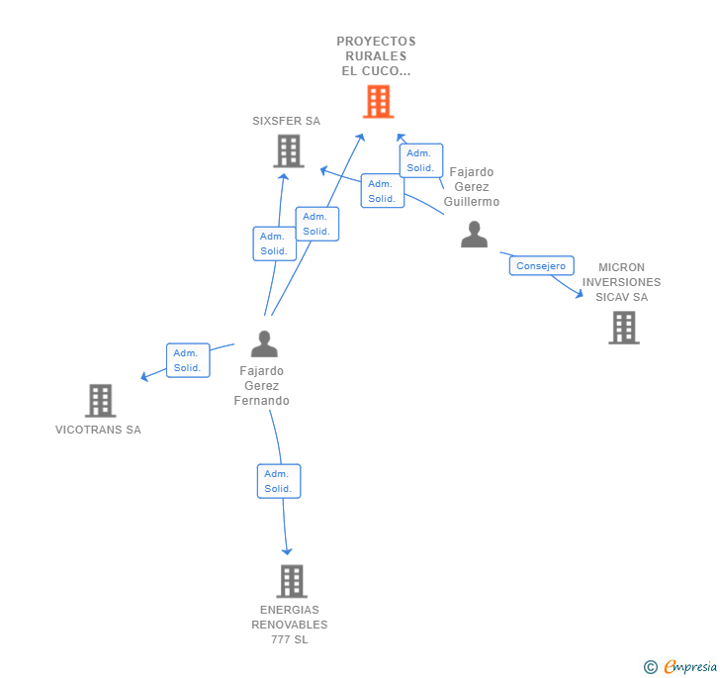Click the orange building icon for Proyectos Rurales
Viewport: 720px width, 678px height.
(x=378, y=101)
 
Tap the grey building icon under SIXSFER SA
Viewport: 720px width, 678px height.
(x=288, y=150)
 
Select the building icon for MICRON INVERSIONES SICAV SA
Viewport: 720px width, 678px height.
(x=623, y=328)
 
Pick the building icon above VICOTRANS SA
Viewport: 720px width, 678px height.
(x=100, y=401)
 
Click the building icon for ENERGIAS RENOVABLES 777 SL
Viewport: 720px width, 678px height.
(x=291, y=581)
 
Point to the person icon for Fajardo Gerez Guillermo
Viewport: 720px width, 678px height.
(x=475, y=235)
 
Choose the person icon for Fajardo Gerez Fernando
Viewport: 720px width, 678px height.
(x=264, y=343)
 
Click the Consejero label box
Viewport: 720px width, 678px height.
(x=542, y=265)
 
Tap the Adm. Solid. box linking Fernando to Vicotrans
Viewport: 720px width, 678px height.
(x=187, y=360)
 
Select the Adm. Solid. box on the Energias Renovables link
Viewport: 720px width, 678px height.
(x=278, y=481)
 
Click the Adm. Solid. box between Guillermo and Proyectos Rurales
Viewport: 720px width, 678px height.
(x=420, y=160)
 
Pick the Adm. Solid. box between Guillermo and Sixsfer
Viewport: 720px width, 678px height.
(x=382, y=190)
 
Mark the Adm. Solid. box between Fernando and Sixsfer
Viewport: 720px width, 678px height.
(x=274, y=243)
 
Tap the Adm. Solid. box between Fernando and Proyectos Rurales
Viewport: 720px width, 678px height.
(x=316, y=224)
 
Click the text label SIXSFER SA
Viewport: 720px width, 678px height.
(x=287, y=121)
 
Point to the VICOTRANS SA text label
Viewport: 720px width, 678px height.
(x=98, y=430)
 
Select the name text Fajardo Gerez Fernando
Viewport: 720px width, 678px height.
(x=262, y=386)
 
